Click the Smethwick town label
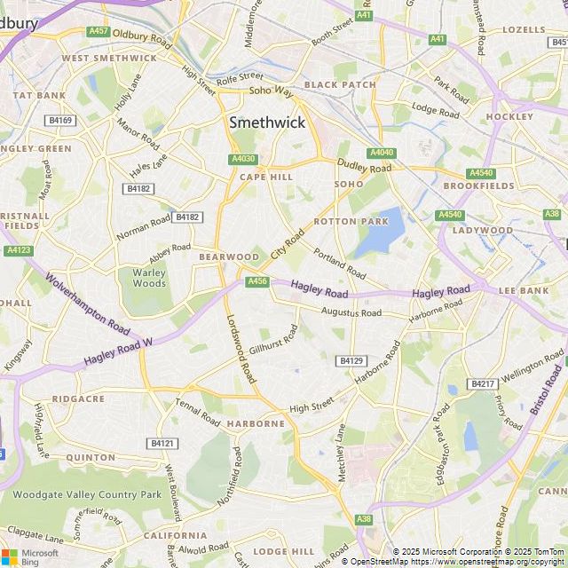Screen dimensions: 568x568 click(x=267, y=123)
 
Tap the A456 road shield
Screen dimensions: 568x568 click(x=257, y=281)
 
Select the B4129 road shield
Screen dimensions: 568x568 click(x=351, y=360)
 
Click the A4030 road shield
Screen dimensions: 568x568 click(x=243, y=159)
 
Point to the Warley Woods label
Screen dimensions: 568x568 click(x=149, y=278)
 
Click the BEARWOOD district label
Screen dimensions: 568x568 click(x=229, y=256)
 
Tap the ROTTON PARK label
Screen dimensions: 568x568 click(x=351, y=221)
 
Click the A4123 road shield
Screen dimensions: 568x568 click(x=19, y=250)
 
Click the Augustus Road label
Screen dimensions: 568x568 click(x=351, y=312)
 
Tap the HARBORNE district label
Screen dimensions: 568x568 click(x=256, y=423)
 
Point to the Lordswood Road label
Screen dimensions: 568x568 click(x=241, y=348)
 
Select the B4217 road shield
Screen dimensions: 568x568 click(x=483, y=383)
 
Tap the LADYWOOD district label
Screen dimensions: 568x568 click(x=484, y=230)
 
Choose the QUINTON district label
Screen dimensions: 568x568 click(x=90, y=458)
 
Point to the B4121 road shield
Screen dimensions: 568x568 click(x=162, y=443)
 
